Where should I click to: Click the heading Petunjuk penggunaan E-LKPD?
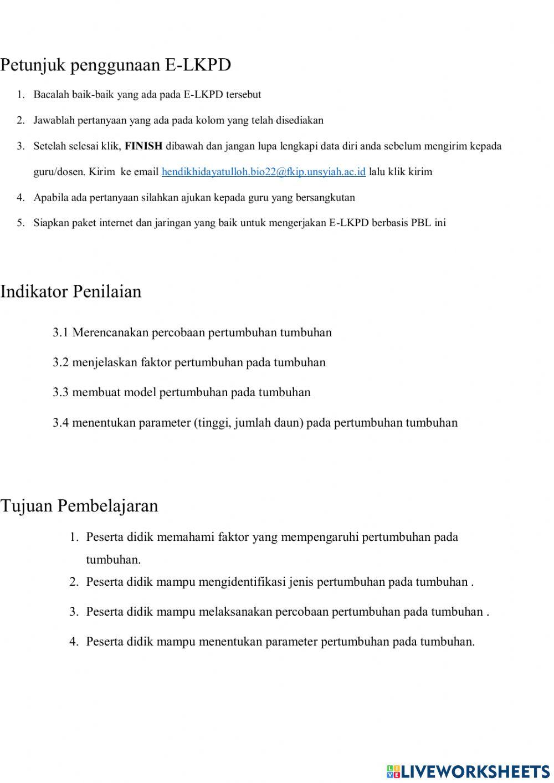[x=115, y=65]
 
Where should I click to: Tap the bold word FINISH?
[x=143, y=146]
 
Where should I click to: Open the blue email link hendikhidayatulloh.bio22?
[x=263, y=172]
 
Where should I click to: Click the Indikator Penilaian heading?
[x=71, y=291]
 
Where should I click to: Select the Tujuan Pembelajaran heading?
[x=79, y=506]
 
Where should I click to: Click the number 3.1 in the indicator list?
[x=60, y=333]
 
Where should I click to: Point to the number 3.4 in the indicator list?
[x=60, y=423]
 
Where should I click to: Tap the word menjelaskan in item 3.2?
[x=104, y=363]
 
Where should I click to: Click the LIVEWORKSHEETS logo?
[x=468, y=771]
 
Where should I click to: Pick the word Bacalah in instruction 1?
[x=51, y=95]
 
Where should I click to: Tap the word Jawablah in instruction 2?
[x=54, y=120]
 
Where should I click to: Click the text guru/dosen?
[x=59, y=172]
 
